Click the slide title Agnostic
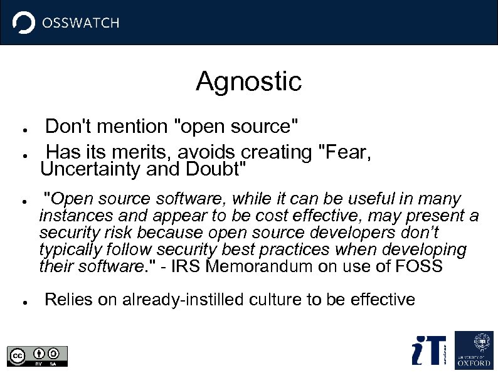coord(248,81)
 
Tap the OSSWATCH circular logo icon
coord(24,23)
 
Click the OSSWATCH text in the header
coord(80,23)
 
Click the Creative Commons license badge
coord(37,355)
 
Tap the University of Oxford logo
coord(474,349)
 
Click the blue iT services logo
coord(429,350)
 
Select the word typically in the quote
coord(69,250)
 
